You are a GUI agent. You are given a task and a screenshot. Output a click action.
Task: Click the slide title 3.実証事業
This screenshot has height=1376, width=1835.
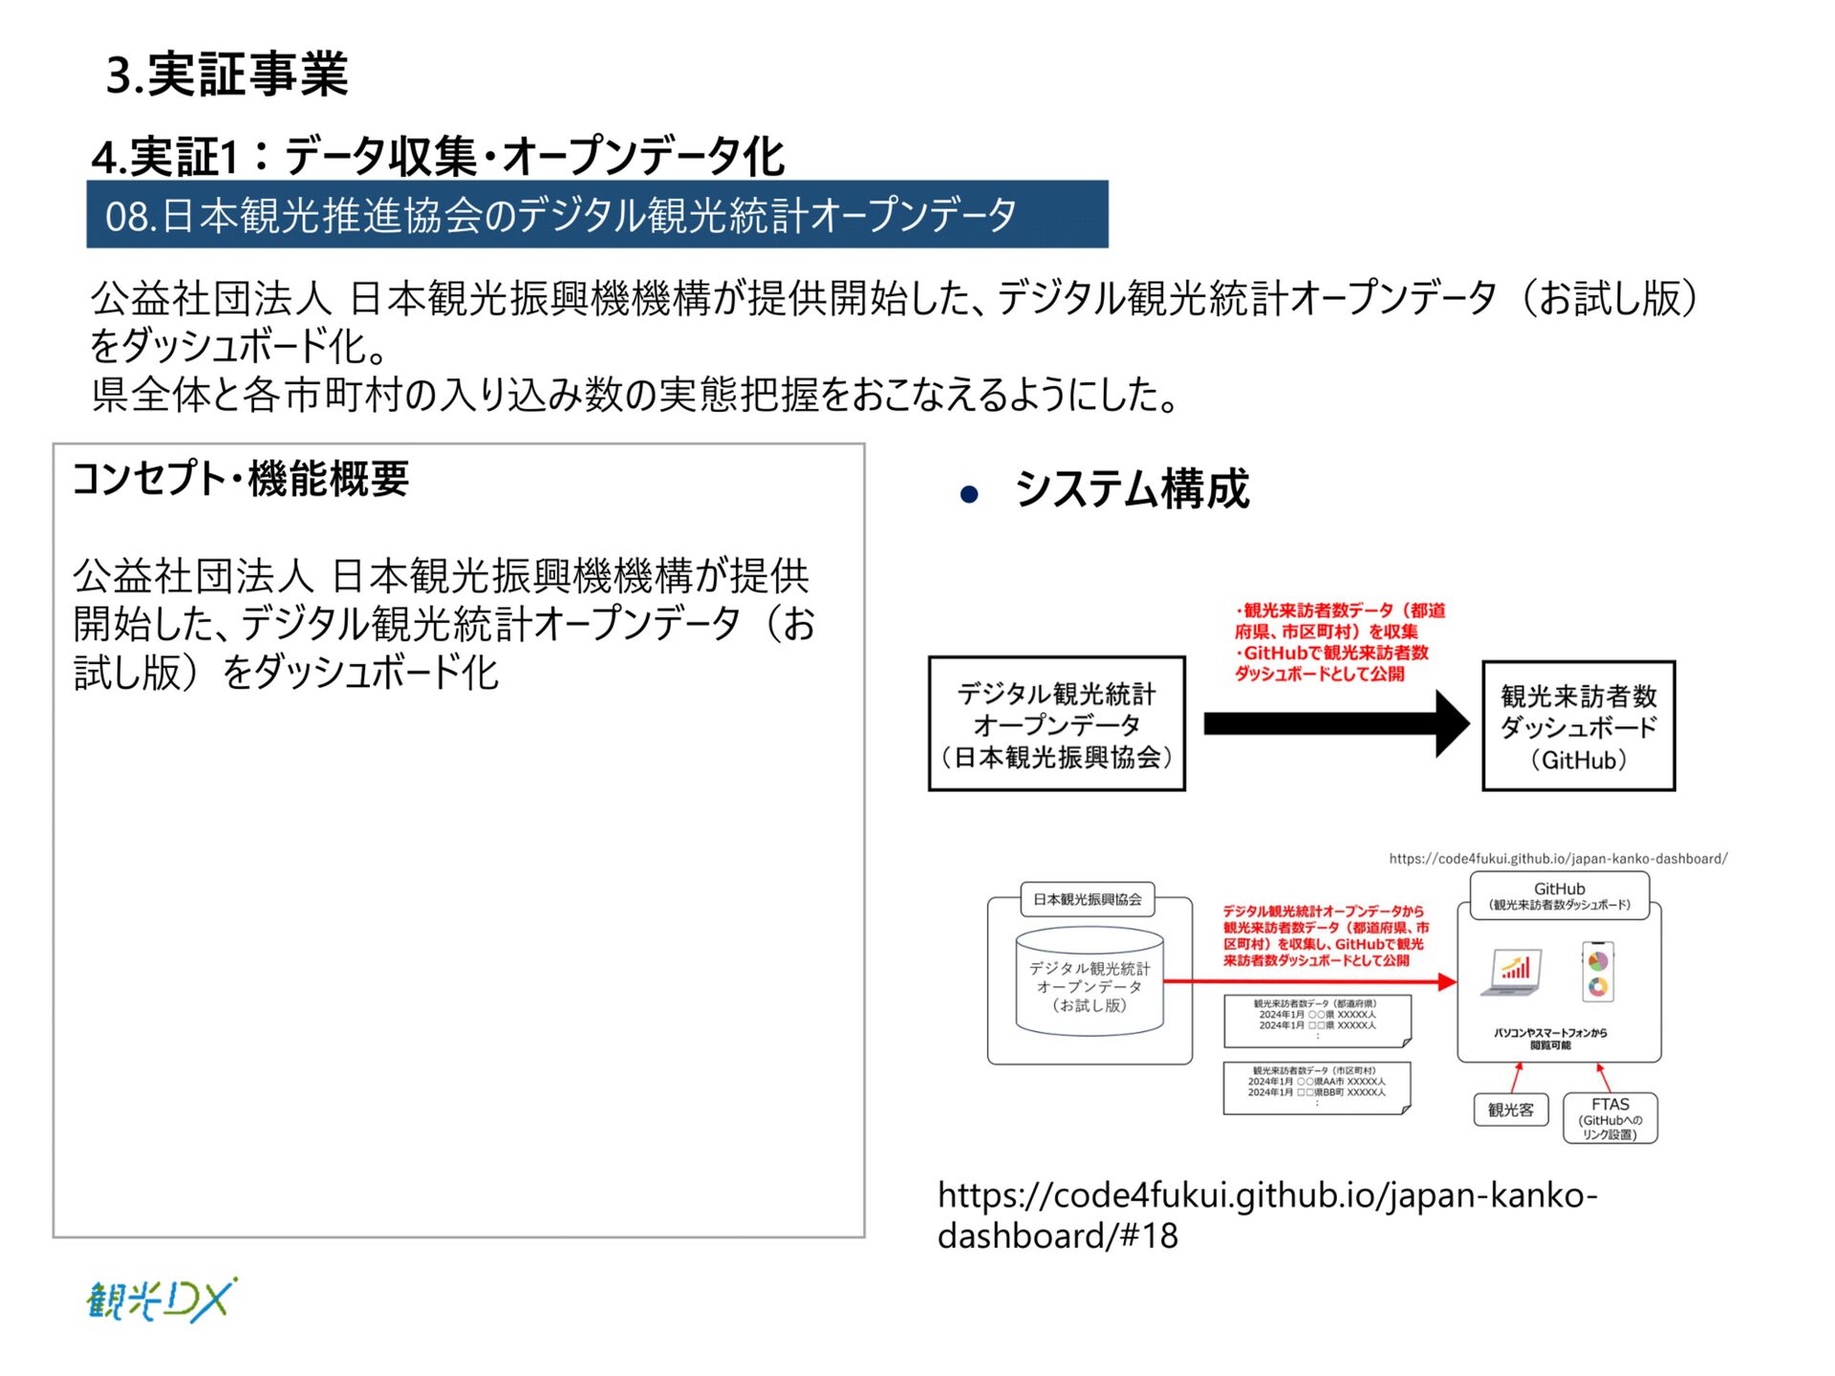coord(227,75)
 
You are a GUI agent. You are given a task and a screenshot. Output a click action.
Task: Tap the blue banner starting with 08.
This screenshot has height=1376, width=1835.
coord(596,215)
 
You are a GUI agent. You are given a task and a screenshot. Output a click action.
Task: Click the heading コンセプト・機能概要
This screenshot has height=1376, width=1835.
coord(240,479)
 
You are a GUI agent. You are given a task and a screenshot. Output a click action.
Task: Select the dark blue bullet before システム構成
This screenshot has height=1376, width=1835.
coord(969,494)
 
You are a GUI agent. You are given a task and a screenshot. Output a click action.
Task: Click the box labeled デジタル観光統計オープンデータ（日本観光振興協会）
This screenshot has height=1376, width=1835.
coord(1056,724)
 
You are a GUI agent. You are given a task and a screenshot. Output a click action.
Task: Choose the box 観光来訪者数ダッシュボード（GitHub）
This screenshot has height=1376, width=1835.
coord(1578,726)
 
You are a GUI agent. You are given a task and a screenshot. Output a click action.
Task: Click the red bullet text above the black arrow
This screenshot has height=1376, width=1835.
coord(1338,642)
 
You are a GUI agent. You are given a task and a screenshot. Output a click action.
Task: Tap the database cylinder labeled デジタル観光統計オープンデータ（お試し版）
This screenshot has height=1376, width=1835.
coord(1090,982)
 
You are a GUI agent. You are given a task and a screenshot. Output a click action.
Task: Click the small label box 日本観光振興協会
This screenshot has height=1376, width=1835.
coord(1088,899)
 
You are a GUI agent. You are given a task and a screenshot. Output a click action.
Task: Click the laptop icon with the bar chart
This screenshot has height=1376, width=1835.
coord(1512,973)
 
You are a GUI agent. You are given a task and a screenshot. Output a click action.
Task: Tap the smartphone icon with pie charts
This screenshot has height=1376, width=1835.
coord(1598,972)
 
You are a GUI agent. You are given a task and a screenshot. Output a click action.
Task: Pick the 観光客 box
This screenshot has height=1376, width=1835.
coord(1510,1109)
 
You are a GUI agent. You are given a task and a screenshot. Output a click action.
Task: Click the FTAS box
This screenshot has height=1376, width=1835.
coord(1610,1118)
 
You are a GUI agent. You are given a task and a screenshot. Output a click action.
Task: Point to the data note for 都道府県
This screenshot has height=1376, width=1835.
coord(1317,1020)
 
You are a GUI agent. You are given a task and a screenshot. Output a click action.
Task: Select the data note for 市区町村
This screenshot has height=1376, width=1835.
coord(1317,1087)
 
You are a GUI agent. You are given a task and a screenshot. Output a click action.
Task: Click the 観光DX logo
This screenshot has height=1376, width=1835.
coord(162,1301)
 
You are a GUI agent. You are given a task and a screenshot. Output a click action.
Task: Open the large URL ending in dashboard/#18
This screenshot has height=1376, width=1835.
coord(1266,1215)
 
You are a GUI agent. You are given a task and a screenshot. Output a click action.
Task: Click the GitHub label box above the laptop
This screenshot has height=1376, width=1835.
coord(1559,895)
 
